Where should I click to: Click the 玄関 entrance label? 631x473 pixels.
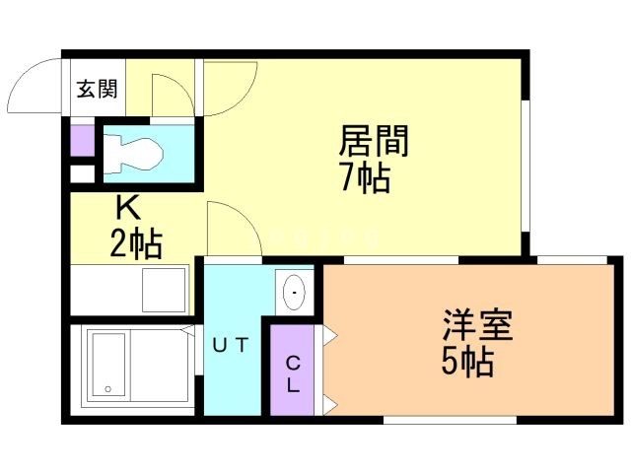[x=97, y=89]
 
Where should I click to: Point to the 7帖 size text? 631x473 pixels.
[x=366, y=179]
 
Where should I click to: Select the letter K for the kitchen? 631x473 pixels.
[x=127, y=208]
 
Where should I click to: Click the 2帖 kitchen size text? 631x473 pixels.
[x=135, y=240]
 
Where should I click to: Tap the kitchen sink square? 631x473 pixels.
[x=164, y=289]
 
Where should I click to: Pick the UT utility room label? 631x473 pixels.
[x=233, y=345]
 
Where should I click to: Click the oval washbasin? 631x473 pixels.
[x=295, y=293]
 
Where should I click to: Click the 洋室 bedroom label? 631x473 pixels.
[x=477, y=326]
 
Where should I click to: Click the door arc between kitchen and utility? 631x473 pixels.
[x=235, y=227]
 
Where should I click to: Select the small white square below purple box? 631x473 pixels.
[x=81, y=174]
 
